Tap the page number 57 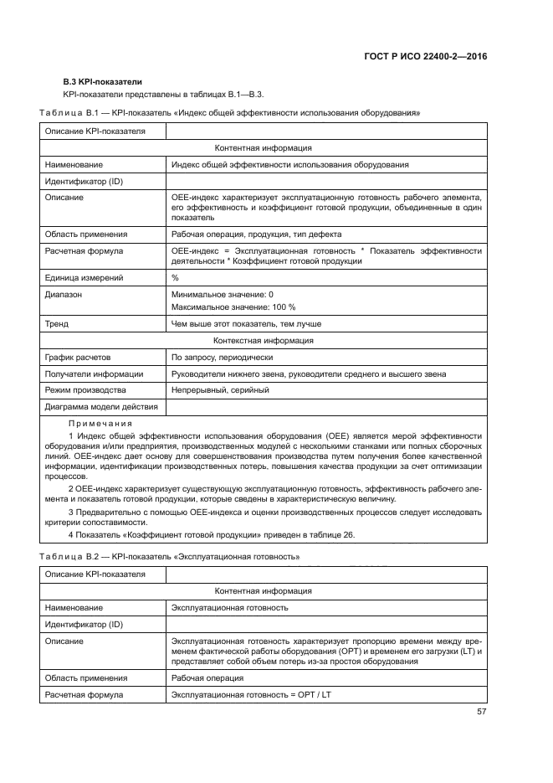[481, 712]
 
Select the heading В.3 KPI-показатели [99, 82]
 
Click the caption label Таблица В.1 [66, 112]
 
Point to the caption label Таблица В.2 [66, 556]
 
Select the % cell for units [175, 277]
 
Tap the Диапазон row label [64, 295]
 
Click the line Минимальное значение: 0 [222, 295]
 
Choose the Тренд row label [57, 324]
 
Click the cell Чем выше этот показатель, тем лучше [246, 324]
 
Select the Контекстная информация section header [264, 341]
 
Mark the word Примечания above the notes [95, 424]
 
